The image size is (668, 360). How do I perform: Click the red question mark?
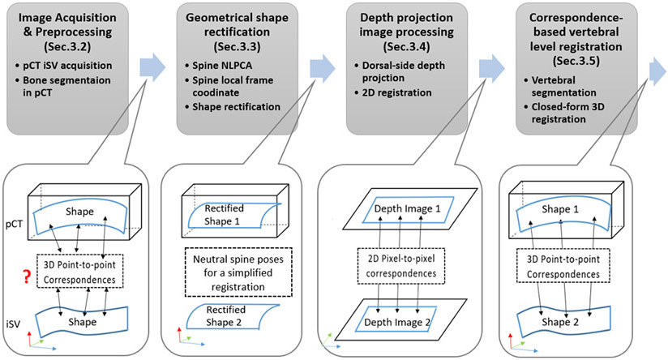27,276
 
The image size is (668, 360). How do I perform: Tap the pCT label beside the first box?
14,224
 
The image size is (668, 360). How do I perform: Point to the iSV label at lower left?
13,324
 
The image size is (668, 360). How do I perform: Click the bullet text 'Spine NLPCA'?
222,66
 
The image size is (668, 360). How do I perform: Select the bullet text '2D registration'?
396,93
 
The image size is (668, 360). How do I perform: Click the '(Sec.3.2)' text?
67,46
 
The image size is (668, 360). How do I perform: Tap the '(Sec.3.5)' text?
576,61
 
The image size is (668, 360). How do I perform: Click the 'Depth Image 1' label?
407,208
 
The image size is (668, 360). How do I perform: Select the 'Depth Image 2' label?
397,323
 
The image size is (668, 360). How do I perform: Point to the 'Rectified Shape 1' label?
223,215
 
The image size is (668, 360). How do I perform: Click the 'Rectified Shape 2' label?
225,316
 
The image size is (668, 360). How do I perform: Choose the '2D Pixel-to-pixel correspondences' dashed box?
401,266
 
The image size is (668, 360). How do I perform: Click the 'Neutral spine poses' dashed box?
238,272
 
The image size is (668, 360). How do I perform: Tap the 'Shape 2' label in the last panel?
560,322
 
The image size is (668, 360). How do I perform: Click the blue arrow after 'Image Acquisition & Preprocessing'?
152,67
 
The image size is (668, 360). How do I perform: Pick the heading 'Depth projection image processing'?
406,24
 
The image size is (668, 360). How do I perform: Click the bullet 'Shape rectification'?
236,107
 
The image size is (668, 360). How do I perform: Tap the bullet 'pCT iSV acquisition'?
67,66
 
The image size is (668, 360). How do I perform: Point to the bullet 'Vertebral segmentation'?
563,87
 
